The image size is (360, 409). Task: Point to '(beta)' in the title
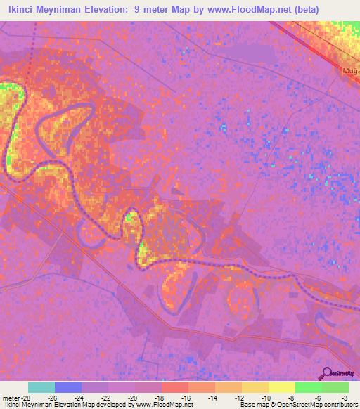307,10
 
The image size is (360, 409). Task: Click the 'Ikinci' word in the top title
22,10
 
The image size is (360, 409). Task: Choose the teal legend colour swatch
41,387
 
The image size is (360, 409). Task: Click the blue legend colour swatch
68,387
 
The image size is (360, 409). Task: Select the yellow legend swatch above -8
281,387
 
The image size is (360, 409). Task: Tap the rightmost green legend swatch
335,387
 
